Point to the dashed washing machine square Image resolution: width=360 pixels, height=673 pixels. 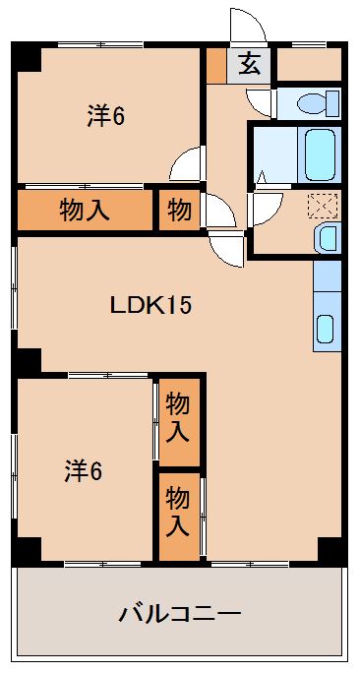click(322, 206)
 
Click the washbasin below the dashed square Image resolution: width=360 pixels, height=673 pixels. click(326, 237)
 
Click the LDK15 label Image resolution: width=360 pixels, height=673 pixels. click(149, 304)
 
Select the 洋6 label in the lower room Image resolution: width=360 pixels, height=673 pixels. click(84, 469)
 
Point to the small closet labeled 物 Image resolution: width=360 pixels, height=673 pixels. click(179, 209)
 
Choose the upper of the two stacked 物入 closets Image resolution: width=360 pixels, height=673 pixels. click(178, 416)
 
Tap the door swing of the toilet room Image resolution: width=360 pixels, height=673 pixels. click(261, 102)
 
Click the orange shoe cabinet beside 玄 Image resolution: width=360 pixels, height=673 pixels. click(216, 65)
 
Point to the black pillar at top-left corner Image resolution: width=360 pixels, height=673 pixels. click(28, 56)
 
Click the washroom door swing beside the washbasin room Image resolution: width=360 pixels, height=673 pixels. click(262, 205)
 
